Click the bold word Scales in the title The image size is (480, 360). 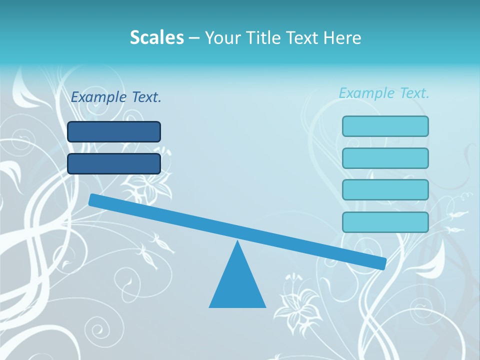click(x=156, y=37)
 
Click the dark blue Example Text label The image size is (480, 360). click(x=116, y=97)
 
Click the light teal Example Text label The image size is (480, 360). click(x=384, y=93)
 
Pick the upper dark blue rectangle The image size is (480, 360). click(x=114, y=131)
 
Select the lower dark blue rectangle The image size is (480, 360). click(x=114, y=163)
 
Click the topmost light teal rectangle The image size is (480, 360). click(x=385, y=126)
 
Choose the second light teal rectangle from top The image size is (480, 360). click(x=385, y=158)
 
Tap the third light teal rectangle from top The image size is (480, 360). click(x=385, y=189)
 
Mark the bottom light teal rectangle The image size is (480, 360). click(x=385, y=222)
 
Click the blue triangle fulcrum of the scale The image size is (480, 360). click(x=237, y=285)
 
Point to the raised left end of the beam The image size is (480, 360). click(x=93, y=199)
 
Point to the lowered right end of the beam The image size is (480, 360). click(x=382, y=263)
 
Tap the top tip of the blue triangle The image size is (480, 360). click(x=237, y=243)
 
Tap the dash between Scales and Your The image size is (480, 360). click(x=194, y=38)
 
